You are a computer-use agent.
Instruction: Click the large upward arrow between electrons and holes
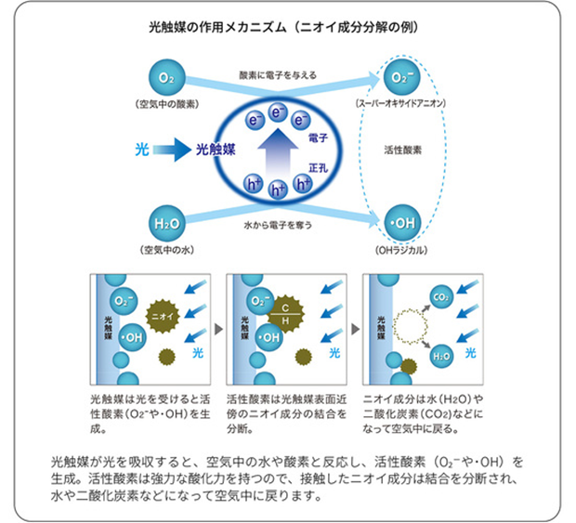[277, 149]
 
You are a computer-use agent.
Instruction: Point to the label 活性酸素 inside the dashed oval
[403, 149]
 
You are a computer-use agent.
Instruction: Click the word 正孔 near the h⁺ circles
[319, 164]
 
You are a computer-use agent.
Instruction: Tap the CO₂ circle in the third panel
[440, 297]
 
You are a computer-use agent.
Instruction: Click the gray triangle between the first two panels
[217, 327]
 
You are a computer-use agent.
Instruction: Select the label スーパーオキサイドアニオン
[402, 101]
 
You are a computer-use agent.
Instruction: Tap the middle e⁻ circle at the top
[277, 112]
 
